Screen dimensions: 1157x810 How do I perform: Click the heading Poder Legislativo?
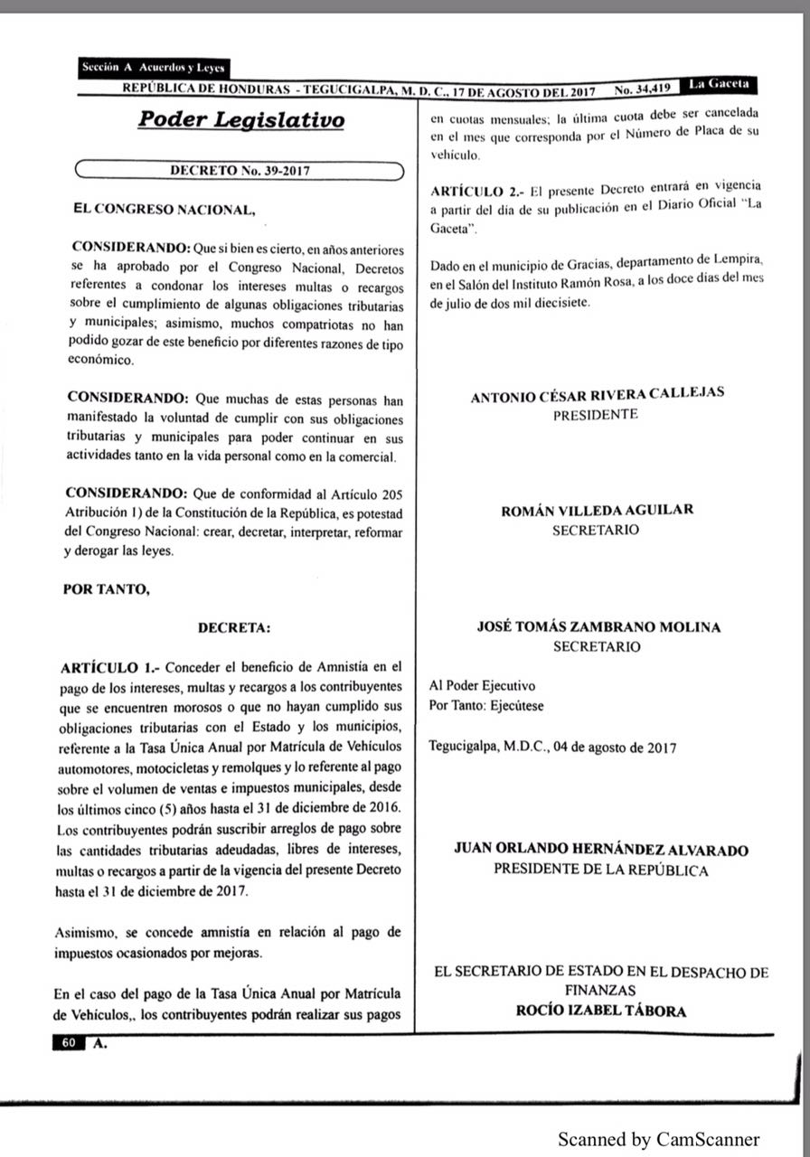point(240,121)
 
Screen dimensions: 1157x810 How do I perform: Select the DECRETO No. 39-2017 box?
point(240,169)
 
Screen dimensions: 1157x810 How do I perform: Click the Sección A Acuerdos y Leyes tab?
point(153,68)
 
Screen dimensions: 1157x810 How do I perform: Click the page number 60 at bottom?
point(69,1042)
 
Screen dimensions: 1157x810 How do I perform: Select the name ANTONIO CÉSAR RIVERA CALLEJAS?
point(598,394)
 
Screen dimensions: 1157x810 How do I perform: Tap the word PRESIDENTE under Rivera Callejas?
point(596,414)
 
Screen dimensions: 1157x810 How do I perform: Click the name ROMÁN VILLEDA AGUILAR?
point(597,510)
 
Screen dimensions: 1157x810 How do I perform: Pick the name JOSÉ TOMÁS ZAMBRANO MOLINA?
point(598,626)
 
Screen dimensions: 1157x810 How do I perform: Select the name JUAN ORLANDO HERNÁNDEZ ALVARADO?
point(601,850)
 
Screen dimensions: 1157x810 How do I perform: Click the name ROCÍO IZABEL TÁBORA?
point(601,1011)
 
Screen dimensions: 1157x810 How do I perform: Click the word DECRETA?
point(234,626)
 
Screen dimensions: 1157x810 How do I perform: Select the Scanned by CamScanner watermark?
point(658,1138)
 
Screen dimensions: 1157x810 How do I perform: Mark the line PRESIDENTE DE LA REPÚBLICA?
point(601,870)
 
